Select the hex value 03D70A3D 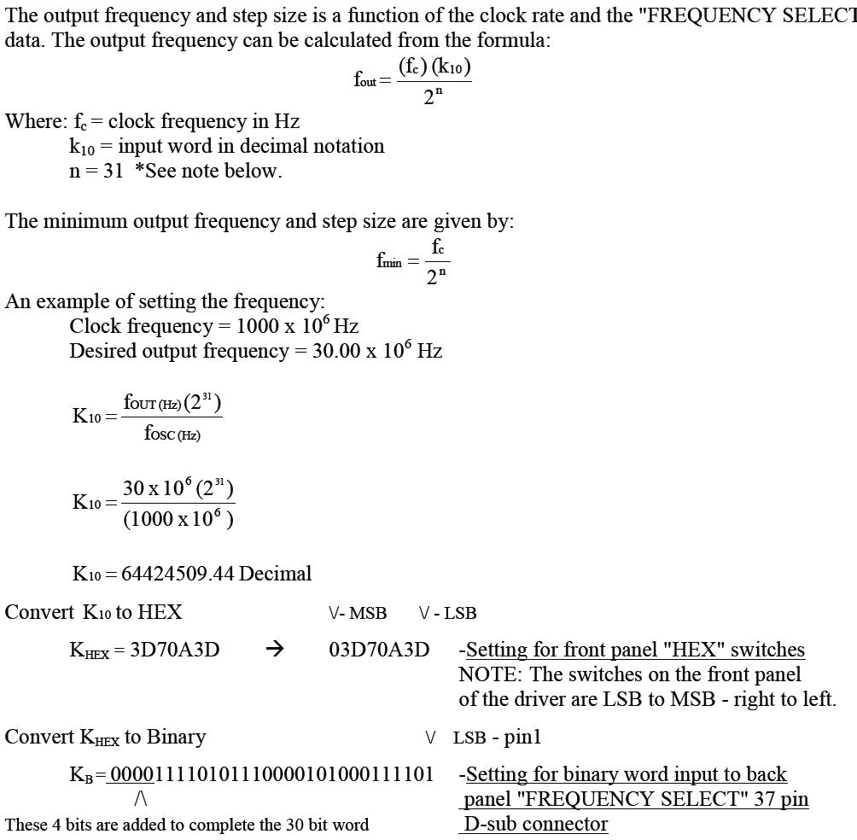pos(379,650)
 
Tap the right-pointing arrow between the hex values pos(274,650)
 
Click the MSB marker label pos(368,613)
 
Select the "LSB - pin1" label pos(497,738)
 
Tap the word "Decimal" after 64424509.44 pos(275,574)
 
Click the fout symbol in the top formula pos(365,81)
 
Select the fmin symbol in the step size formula pos(388,261)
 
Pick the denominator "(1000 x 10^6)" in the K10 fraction pos(178,519)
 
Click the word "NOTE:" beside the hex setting pos(488,674)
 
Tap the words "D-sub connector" pos(536,824)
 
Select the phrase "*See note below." pos(208,171)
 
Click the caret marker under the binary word pos(141,799)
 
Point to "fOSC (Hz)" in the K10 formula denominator pos(172,434)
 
